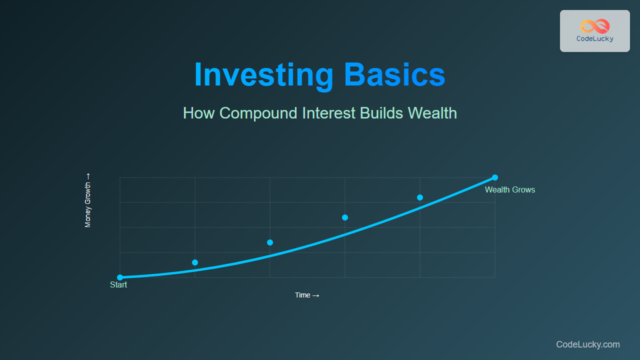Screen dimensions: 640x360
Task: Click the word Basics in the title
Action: click(394, 74)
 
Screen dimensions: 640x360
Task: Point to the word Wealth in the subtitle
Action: click(432, 113)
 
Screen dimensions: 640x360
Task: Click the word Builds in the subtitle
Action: click(381, 113)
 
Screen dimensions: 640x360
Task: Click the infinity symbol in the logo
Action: click(595, 26)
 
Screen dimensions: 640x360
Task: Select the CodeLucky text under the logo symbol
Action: click(595, 39)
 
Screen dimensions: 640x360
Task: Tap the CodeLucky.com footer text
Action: click(588, 344)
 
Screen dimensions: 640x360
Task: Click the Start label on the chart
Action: click(118, 285)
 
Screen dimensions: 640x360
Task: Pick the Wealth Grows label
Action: click(510, 189)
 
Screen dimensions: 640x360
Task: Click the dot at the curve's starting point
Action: click(120, 277)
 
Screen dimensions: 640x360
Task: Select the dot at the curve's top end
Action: click(495, 177)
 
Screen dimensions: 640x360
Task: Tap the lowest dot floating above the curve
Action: click(195, 262)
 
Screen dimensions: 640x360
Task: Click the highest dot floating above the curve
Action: click(419, 197)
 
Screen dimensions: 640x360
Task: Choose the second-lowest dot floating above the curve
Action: click(270, 242)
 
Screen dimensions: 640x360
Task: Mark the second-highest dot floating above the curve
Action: click(345, 217)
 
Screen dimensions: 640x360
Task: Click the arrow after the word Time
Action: click(315, 295)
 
